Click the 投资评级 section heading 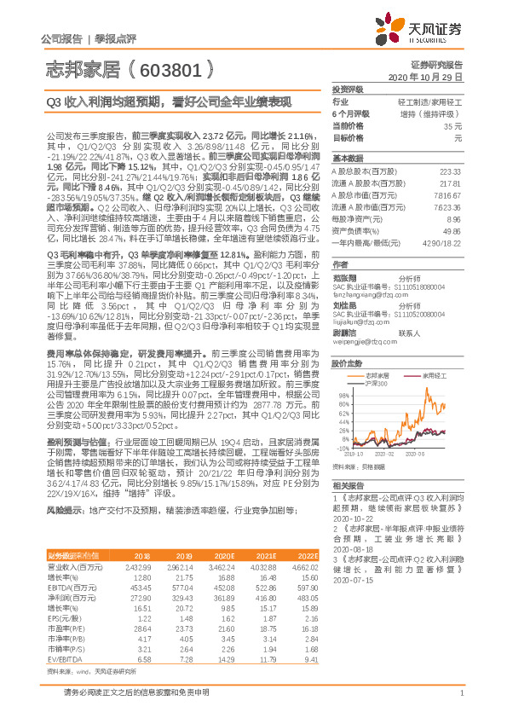[x=348, y=89]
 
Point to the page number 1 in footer [x=460, y=693]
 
